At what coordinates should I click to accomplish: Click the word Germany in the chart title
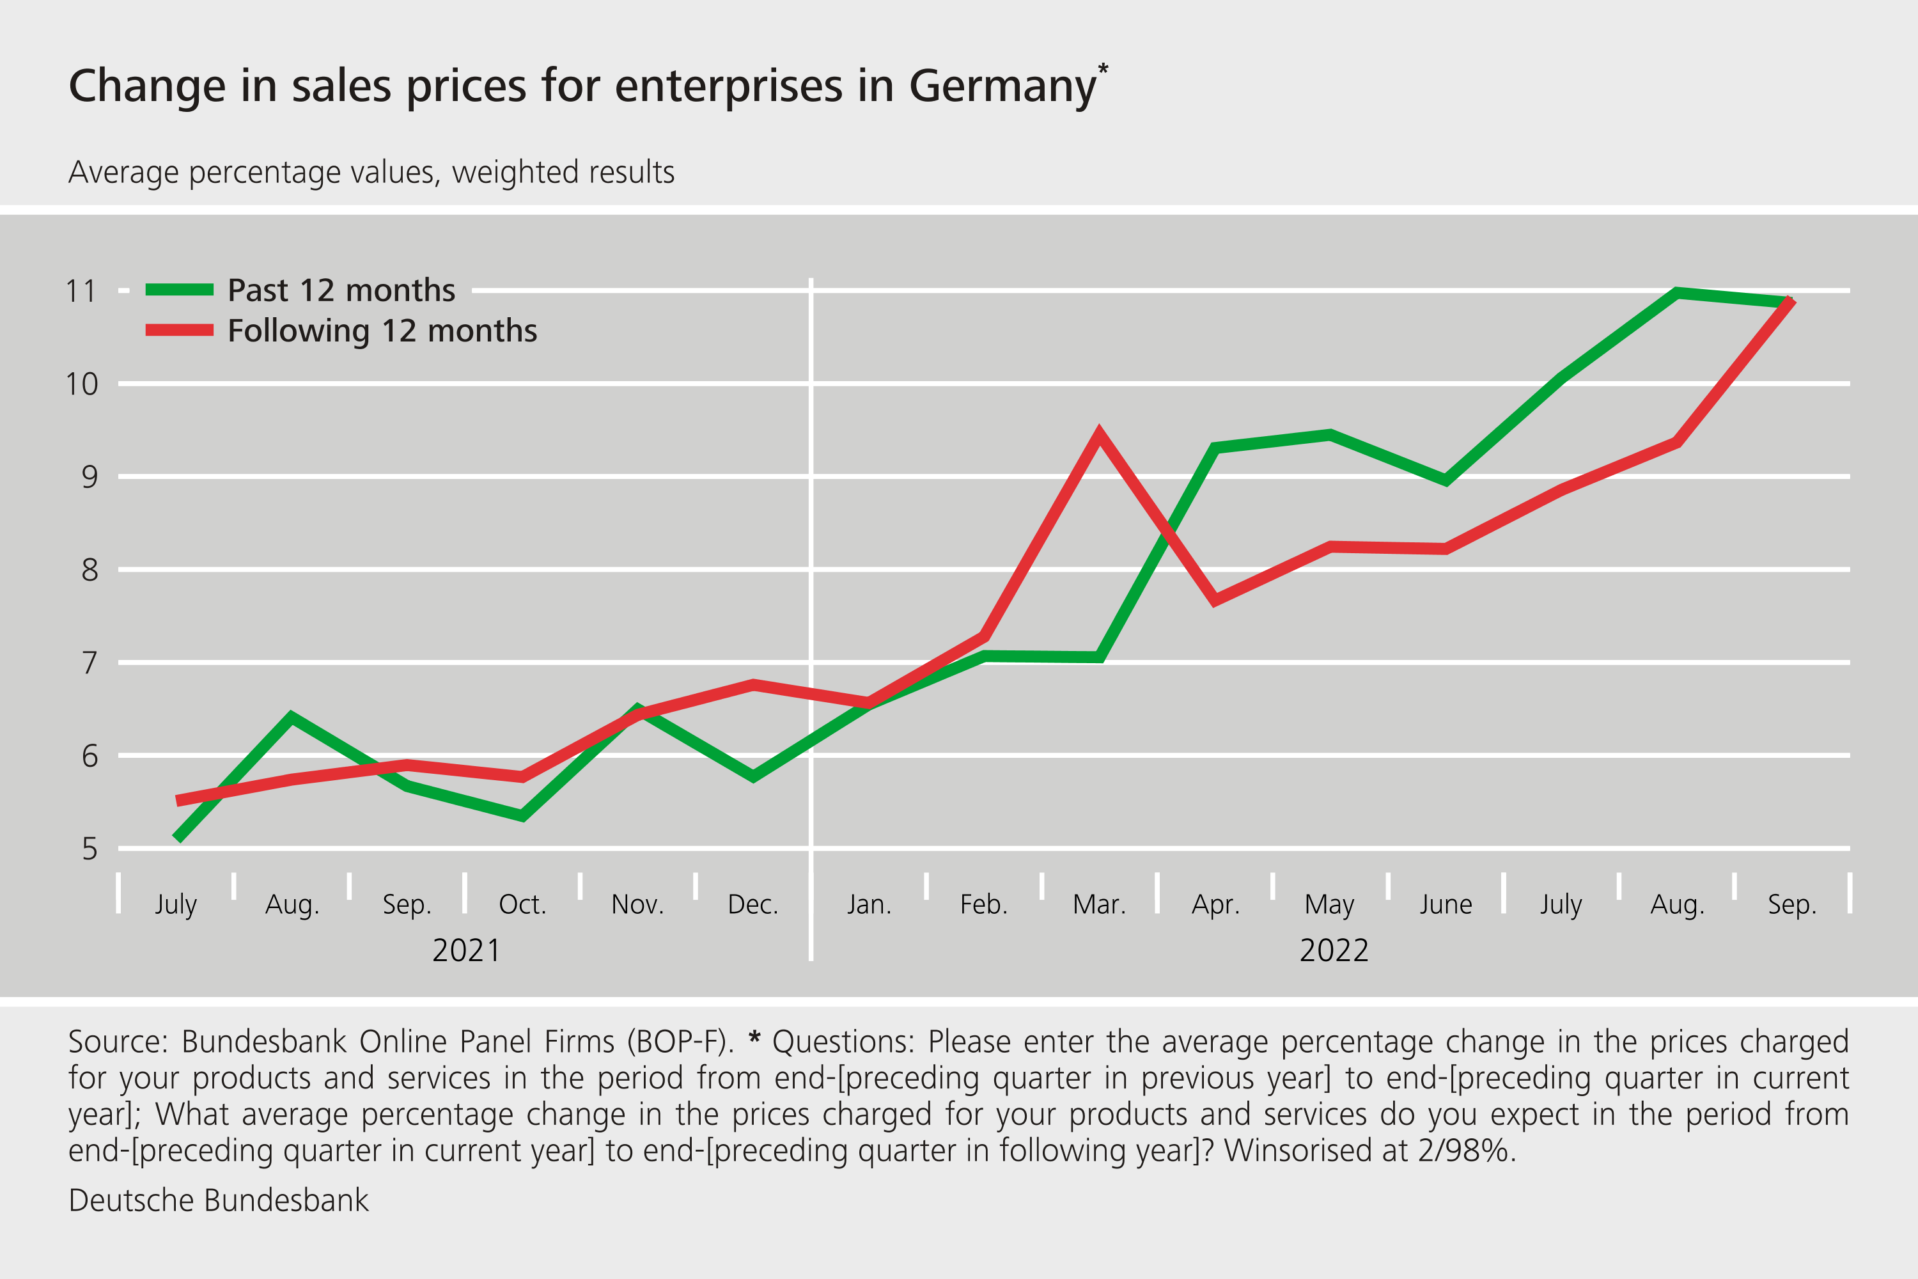[1002, 86]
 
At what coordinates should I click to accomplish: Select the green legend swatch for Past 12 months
[180, 290]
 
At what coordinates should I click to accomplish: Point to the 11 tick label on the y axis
[81, 291]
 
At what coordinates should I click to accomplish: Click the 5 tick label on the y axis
[89, 850]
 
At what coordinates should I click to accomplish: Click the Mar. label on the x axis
[1099, 905]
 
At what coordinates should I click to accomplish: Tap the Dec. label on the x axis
[752, 905]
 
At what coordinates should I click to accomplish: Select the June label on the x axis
[1446, 905]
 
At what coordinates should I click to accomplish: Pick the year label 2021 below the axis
[467, 951]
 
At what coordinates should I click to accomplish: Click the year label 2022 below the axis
[1334, 951]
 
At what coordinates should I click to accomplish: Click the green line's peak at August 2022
[1676, 293]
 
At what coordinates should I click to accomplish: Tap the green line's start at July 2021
[177, 838]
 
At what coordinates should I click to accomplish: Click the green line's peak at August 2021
[291, 717]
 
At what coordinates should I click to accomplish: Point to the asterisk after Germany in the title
[1103, 68]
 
